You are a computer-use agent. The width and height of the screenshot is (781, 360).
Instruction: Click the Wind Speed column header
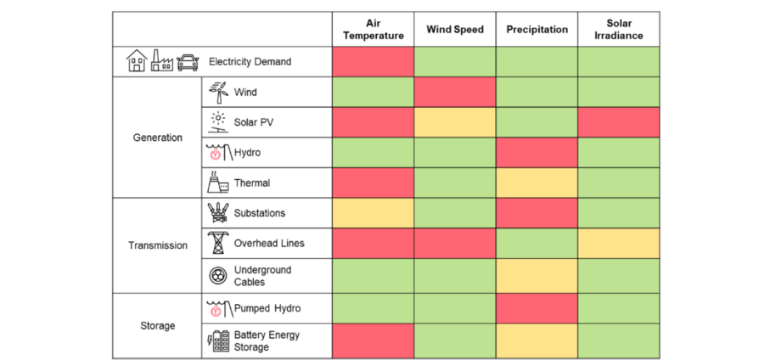pyautogui.click(x=455, y=30)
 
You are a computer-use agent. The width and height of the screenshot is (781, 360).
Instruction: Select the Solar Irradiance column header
pyautogui.click(x=619, y=30)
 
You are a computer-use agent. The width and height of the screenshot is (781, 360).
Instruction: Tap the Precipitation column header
pyautogui.click(x=537, y=30)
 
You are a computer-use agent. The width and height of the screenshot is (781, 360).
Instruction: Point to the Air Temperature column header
pyautogui.click(x=374, y=30)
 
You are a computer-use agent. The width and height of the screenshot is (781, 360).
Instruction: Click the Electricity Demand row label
pyautogui.click(x=250, y=62)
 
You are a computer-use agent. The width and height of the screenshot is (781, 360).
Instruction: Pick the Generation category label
pyautogui.click(x=158, y=138)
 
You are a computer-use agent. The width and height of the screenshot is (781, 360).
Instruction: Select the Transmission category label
pyautogui.click(x=158, y=245)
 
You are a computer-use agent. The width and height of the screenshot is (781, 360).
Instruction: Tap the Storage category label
pyautogui.click(x=158, y=325)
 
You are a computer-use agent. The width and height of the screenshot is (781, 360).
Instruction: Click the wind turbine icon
pyautogui.click(x=218, y=92)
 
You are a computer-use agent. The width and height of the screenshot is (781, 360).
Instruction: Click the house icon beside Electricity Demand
pyautogui.click(x=136, y=61)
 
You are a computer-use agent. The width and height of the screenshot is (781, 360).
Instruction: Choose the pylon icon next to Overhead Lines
pyautogui.click(x=218, y=244)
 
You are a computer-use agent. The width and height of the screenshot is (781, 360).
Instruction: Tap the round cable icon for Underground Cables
pyautogui.click(x=218, y=275)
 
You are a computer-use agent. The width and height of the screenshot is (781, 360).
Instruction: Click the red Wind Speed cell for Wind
pyautogui.click(x=455, y=92)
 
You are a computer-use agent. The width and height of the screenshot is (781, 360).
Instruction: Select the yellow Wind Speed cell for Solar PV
pyautogui.click(x=455, y=122)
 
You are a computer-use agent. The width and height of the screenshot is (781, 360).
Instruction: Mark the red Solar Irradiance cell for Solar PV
pyautogui.click(x=619, y=122)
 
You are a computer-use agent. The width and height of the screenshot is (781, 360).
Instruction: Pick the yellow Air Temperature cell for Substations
pyautogui.click(x=374, y=213)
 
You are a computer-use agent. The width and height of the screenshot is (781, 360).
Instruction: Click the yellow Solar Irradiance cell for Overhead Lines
pyautogui.click(x=619, y=244)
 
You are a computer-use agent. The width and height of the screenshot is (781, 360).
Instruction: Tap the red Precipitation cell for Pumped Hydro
pyautogui.click(x=537, y=307)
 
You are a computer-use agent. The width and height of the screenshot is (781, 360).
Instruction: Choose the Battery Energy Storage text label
pyautogui.click(x=267, y=340)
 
